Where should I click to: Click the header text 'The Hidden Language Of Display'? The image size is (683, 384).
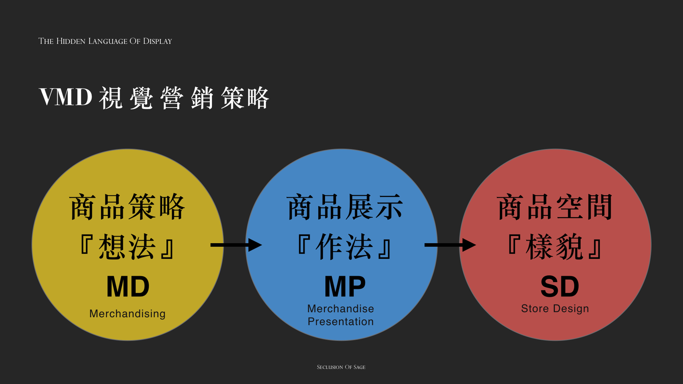pos(105,41)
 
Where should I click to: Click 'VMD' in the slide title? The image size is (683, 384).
pos(66,97)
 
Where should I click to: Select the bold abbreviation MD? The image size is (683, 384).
pos(128,287)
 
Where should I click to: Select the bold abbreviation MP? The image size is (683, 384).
pos(345,287)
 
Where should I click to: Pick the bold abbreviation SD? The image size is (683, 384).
pos(560,287)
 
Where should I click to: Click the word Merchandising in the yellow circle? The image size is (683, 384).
pos(127,314)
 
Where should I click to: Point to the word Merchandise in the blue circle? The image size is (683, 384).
pos(341,309)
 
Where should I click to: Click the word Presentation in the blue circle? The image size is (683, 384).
pos(341,322)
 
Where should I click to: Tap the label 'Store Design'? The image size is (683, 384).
pos(555,308)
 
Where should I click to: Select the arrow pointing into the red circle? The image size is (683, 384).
pos(450,245)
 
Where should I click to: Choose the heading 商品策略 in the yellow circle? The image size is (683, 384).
pos(127,207)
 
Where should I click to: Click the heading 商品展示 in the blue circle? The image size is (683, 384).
pos(345,207)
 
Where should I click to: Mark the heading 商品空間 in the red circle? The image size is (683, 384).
pos(555,207)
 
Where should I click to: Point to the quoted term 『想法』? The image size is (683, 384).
pos(127,247)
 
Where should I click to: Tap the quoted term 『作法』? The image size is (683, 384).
pos(345,247)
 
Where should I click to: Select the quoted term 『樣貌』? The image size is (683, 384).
pos(555,247)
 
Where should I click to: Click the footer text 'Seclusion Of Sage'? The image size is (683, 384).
pos(341,367)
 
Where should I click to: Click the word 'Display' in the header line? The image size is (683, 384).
pos(157,41)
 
